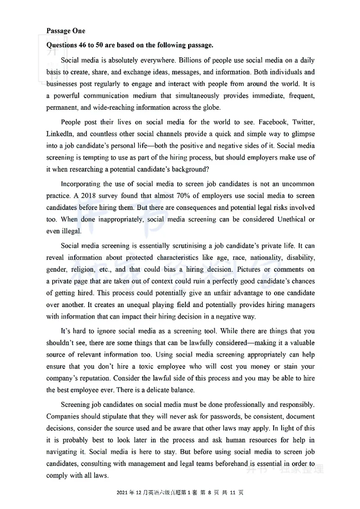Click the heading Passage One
point(66,31)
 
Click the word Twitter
point(303,122)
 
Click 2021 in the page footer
point(122,493)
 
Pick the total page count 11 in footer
point(231,493)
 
